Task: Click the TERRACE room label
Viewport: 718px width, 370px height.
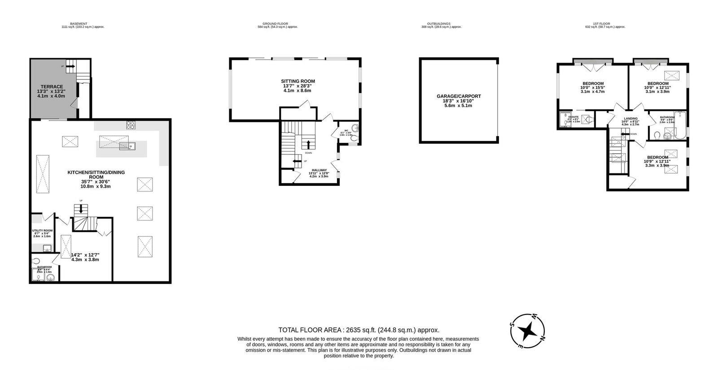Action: [x=52, y=87]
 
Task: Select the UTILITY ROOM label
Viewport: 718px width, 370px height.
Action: [x=42, y=231]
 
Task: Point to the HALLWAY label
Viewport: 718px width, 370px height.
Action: [x=319, y=170]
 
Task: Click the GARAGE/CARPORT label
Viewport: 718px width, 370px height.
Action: [x=459, y=96]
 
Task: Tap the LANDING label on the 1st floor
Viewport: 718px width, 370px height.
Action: [x=630, y=119]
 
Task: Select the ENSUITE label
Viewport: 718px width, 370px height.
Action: [x=574, y=117]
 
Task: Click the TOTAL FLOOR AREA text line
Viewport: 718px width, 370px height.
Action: [x=359, y=330]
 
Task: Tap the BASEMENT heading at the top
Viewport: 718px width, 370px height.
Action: [x=79, y=24]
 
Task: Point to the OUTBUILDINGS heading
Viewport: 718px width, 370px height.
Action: [x=438, y=24]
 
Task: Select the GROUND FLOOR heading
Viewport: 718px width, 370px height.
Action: [x=275, y=24]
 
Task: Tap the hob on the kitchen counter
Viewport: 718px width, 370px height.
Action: [x=131, y=124]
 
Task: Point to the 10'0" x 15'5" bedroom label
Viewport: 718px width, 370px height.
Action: [x=593, y=83]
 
